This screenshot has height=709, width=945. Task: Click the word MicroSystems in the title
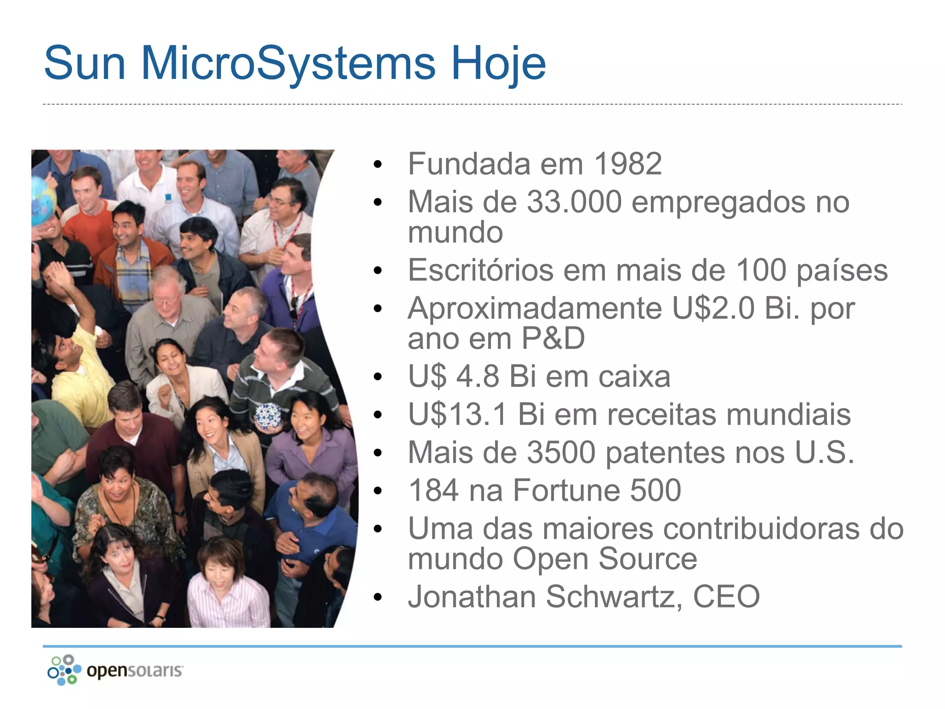[288, 63]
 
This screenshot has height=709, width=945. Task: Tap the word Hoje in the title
[498, 63]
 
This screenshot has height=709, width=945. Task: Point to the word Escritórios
[480, 270]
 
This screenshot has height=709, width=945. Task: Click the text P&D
[553, 338]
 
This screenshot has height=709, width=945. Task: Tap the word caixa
[634, 377]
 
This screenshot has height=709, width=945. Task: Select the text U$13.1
[457, 415]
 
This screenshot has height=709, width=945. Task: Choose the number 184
[433, 491]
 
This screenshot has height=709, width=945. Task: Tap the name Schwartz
[614, 597]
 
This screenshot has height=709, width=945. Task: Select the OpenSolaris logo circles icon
[64, 670]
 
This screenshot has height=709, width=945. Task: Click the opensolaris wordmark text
[135, 671]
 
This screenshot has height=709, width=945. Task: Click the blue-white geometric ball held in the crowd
[268, 415]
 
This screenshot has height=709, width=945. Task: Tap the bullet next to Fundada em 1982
[378, 165]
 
